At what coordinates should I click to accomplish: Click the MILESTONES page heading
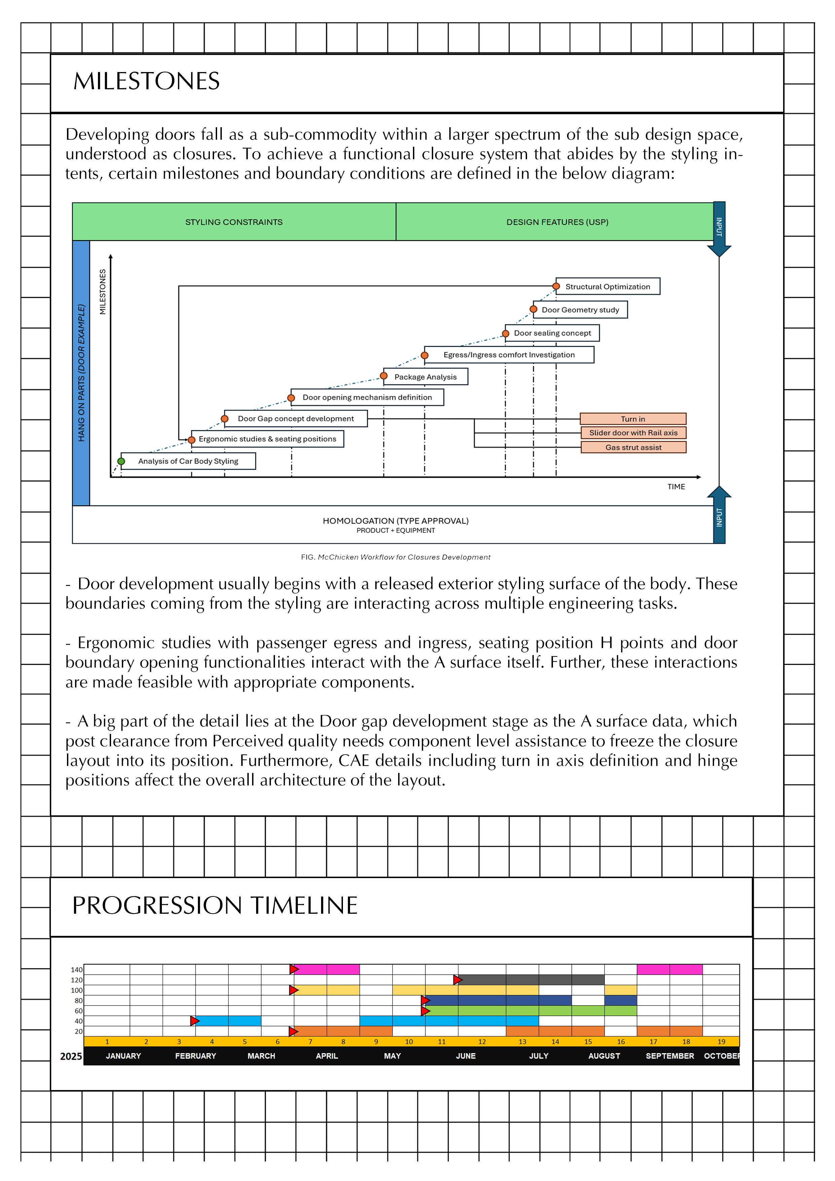146,81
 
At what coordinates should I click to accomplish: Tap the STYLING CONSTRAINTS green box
234,222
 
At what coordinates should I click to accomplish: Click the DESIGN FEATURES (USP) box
557,222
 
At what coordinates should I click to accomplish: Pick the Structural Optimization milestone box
608,286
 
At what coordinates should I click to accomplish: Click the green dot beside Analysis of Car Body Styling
121,462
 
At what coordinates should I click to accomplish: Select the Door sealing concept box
552,333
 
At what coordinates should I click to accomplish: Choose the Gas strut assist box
633,447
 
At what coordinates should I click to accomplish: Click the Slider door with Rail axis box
633,433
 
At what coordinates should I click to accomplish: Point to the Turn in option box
633,419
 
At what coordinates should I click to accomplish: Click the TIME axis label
676,486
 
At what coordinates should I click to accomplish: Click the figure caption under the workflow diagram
395,557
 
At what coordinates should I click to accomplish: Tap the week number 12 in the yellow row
482,1042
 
